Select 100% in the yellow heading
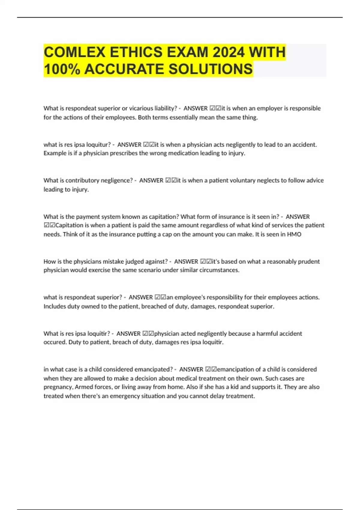click(62, 69)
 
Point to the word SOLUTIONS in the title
click(210, 69)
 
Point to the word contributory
click(82, 181)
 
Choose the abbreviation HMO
click(294, 234)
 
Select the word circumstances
click(221, 270)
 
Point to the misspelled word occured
click(55, 342)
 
